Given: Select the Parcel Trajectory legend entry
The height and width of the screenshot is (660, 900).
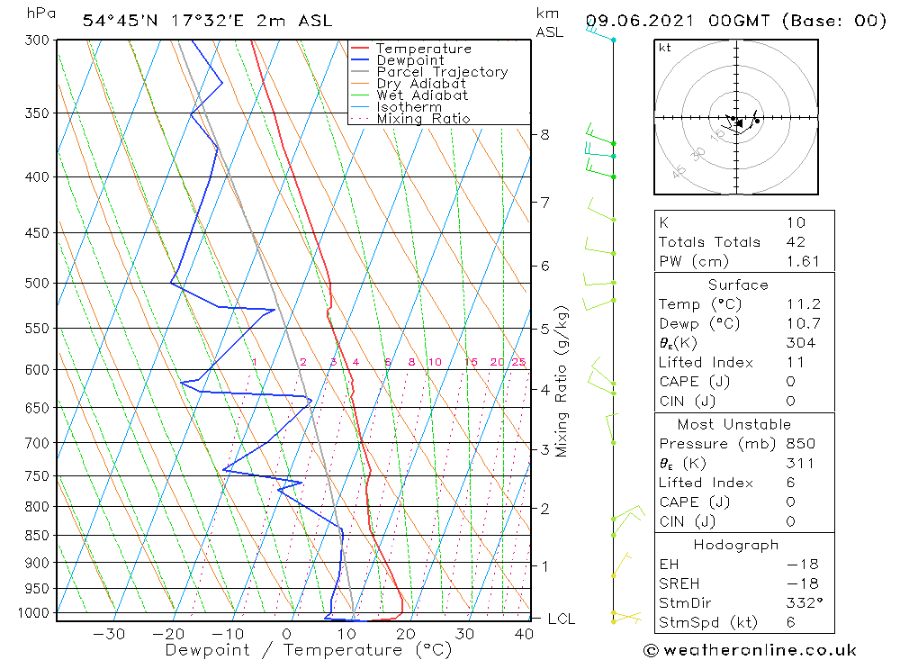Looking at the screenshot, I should (x=442, y=72).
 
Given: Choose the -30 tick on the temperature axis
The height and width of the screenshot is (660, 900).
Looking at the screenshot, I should (x=109, y=634).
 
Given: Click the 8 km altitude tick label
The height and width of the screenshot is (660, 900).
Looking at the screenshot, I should (x=544, y=135).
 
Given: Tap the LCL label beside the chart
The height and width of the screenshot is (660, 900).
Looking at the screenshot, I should (x=561, y=619).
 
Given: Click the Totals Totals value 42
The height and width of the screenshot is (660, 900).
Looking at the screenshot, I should (x=796, y=242).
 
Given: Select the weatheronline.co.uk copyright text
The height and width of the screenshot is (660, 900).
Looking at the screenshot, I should (x=750, y=650).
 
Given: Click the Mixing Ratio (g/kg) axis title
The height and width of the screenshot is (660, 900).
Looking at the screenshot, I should (x=562, y=381).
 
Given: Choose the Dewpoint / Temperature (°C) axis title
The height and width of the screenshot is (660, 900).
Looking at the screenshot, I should (x=308, y=650).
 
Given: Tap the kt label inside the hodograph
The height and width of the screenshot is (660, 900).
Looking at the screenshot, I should (x=665, y=48).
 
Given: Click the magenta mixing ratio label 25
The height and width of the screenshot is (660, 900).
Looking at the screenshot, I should (x=518, y=362).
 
